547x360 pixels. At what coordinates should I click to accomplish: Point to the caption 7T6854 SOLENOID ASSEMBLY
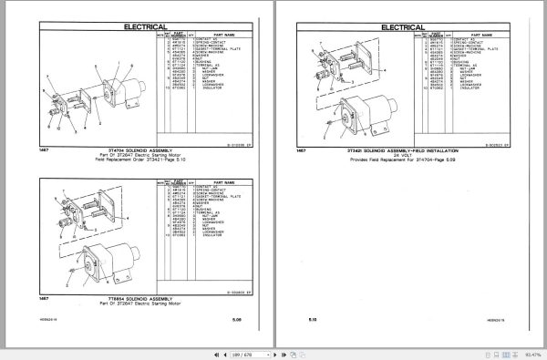coord(143,298)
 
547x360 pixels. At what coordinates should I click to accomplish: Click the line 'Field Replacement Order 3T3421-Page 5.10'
coord(143,159)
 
